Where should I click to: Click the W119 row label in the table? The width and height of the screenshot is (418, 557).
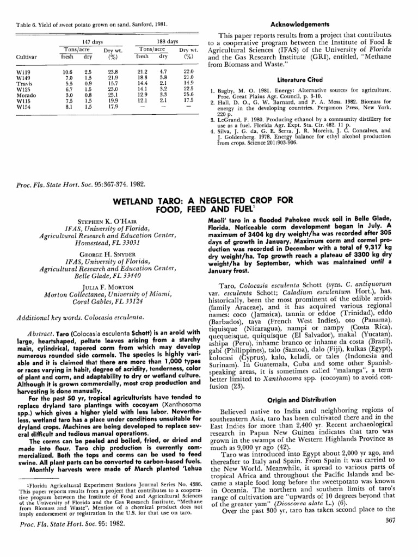tap(23, 72)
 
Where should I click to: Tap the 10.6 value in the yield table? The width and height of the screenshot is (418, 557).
tap(67, 72)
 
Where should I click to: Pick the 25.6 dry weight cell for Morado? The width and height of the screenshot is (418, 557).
tap(189, 94)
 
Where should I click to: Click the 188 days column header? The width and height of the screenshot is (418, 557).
tap(167, 42)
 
